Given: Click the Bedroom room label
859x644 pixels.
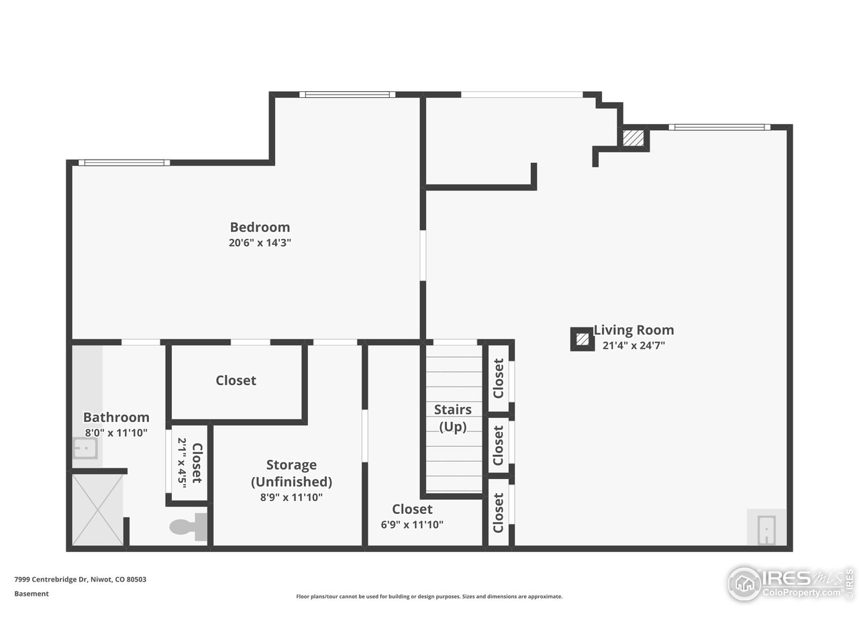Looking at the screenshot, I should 260,227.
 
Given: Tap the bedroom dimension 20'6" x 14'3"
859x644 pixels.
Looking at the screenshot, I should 260,243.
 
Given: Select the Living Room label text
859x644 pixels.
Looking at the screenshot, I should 634,330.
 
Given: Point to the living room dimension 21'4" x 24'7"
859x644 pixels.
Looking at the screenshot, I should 634,346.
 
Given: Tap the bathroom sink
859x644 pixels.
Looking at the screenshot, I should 85,447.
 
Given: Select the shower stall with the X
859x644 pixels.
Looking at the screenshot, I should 97,510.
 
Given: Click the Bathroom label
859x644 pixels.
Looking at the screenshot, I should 116,417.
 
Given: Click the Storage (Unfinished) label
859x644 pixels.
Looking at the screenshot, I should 291,473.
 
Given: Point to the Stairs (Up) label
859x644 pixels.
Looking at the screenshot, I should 452,418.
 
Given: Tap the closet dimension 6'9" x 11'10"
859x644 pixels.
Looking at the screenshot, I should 412,525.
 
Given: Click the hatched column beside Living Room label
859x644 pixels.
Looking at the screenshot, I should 581,339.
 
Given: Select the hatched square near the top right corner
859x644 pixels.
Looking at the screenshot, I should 633,138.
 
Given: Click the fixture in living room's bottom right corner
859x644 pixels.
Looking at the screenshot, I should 766,529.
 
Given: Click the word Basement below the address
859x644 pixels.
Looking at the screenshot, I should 32,594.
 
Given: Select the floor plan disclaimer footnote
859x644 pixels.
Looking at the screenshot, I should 429,596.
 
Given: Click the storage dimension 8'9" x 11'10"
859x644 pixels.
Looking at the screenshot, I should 291,498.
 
